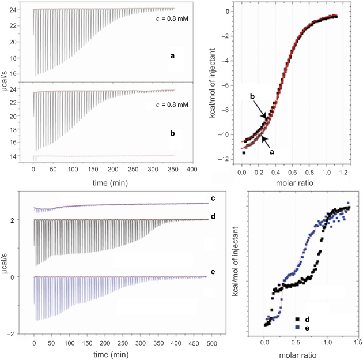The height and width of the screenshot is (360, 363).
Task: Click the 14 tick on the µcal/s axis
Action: pyautogui.click(x=22, y=156)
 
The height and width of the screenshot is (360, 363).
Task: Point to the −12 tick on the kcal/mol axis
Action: pyautogui.click(x=230, y=159)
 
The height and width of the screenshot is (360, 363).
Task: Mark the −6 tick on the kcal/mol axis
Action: pyautogui.click(x=230, y=85)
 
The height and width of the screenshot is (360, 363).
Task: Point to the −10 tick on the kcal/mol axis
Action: pyautogui.click(x=230, y=134)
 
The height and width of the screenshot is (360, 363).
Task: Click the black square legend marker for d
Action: pyautogui.click(x=297, y=318)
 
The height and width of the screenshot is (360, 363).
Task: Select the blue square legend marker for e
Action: pyautogui.click(x=297, y=327)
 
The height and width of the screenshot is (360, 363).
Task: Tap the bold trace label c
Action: pyautogui.click(x=213, y=198)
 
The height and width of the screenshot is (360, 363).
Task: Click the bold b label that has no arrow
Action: pyautogui.click(x=172, y=133)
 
